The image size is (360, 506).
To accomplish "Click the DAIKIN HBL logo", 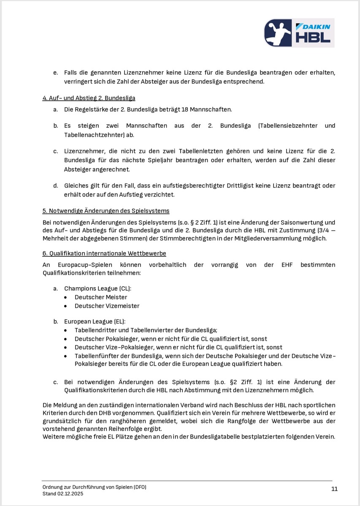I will click(x=299, y=32).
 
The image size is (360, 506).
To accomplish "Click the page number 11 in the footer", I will click(x=334, y=489).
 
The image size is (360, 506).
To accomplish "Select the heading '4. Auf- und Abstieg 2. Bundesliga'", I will click(x=89, y=98).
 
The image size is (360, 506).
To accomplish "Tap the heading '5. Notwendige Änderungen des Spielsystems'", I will click(x=106, y=211).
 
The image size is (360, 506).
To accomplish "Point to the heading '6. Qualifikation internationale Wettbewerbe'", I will click(x=104, y=253).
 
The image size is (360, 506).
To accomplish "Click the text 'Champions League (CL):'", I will click(x=97, y=288).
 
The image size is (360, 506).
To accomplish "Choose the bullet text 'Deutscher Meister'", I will click(x=101, y=297).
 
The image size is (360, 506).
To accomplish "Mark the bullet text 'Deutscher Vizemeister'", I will click(x=107, y=306).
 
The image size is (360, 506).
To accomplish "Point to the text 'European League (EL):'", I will click(x=95, y=321).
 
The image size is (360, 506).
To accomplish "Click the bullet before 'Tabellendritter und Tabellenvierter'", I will click(x=65, y=330).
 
